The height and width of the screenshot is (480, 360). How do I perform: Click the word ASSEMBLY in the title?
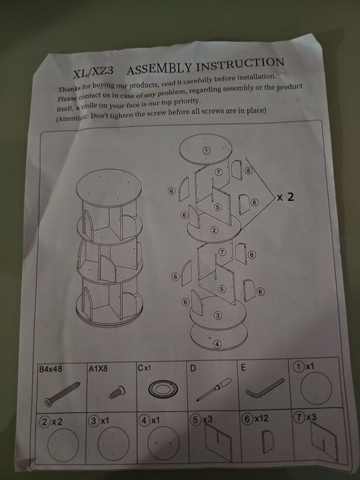click(x=160, y=68)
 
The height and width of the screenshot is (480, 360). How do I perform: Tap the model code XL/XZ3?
click(x=93, y=72)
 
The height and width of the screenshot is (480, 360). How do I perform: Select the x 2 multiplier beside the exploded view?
click(x=285, y=197)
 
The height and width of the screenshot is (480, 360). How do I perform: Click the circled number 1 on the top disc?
click(x=206, y=151)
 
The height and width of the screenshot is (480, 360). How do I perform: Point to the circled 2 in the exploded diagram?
click(x=214, y=230)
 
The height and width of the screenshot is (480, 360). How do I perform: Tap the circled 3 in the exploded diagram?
click(x=217, y=315)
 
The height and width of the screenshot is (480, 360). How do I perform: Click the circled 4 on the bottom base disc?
click(x=217, y=344)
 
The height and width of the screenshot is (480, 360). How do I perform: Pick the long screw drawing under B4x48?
click(x=62, y=394)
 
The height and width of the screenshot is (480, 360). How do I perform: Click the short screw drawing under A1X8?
click(x=117, y=392)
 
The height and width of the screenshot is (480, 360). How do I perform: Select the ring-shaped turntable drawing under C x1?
click(x=163, y=389)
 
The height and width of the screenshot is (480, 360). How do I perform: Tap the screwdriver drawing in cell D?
click(x=214, y=388)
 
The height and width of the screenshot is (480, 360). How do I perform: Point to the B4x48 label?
click(x=50, y=369)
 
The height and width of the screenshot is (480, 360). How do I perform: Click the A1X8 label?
click(x=98, y=369)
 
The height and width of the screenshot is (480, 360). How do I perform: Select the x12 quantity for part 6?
click(x=261, y=418)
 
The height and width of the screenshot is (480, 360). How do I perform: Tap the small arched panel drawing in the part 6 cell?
click(x=267, y=442)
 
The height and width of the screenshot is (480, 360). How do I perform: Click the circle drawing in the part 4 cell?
click(x=163, y=443)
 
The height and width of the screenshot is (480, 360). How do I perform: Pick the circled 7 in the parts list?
click(x=298, y=417)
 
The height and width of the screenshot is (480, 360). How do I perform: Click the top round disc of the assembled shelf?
click(x=109, y=189)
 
